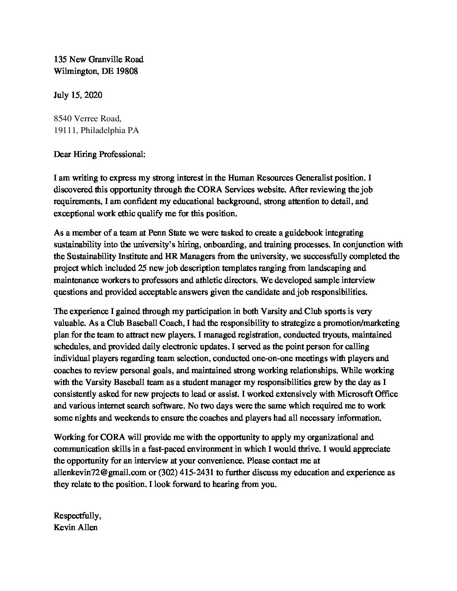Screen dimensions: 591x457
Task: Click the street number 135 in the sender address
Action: [60, 59]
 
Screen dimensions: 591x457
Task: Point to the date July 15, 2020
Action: [78, 95]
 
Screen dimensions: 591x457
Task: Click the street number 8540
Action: [62, 119]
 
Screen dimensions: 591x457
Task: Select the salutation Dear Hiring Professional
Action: [99, 154]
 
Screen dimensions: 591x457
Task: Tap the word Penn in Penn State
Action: [148, 233]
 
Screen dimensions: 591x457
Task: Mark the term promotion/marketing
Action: [362, 323]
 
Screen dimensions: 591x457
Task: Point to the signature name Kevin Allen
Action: [76, 527]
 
